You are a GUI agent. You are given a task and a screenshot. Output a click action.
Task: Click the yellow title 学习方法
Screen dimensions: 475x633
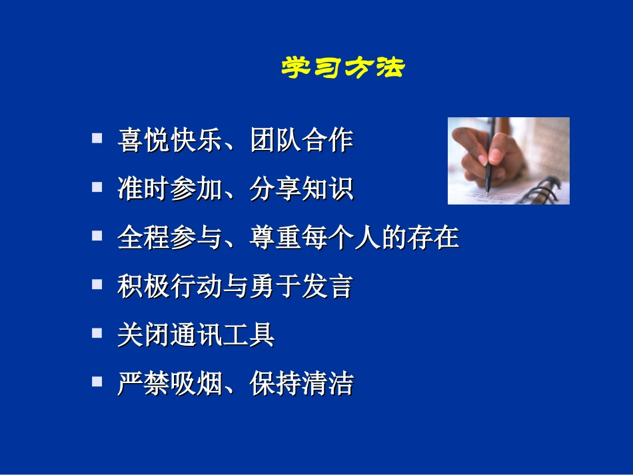pyautogui.click(x=342, y=68)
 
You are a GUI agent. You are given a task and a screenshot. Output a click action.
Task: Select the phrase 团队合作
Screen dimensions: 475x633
pyautogui.click(x=301, y=141)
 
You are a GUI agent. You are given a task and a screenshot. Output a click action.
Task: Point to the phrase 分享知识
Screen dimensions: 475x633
pyautogui.click(x=301, y=190)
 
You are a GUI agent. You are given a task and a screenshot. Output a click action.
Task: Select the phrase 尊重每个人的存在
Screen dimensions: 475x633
pyautogui.click(x=354, y=238)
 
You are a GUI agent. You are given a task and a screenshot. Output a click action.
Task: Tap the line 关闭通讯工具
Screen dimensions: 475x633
pyautogui.click(x=196, y=335)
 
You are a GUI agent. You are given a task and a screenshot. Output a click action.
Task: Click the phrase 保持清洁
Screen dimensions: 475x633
pyautogui.click(x=301, y=384)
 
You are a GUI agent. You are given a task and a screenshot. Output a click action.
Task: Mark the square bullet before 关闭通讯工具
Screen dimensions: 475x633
pyautogui.click(x=97, y=332)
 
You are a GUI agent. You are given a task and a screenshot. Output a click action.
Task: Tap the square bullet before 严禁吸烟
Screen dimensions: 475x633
pyautogui.click(x=97, y=380)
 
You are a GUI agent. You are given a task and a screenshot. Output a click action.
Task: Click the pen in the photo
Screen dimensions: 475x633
pyautogui.click(x=490, y=160)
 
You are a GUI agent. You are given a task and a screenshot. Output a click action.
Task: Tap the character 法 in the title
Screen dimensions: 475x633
pyautogui.click(x=389, y=68)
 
